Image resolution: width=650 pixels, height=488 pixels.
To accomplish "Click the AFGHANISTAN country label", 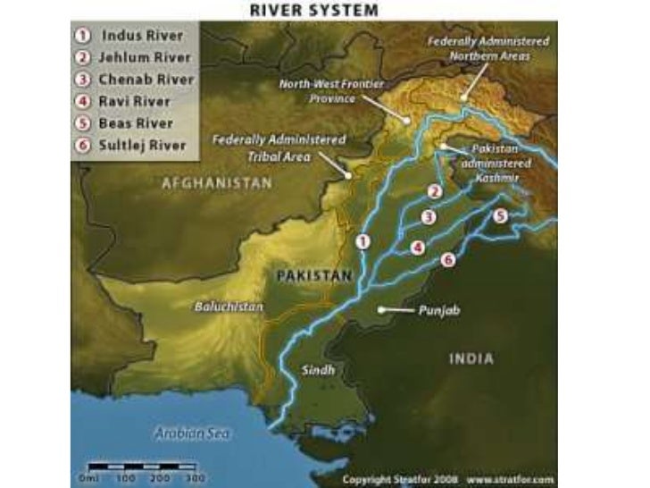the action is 216,182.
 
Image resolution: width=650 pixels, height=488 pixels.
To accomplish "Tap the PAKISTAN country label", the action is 313,276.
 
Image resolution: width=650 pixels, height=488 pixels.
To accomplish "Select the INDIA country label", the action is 471,358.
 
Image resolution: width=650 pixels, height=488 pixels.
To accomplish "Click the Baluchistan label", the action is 229,307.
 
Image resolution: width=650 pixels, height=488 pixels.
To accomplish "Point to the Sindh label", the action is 319,369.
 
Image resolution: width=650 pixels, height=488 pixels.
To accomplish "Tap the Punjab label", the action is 437,310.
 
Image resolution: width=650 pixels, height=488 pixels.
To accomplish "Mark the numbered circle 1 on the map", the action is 362,241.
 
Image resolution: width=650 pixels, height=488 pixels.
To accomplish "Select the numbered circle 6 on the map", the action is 448,259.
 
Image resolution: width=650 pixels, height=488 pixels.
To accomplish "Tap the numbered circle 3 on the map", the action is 429,216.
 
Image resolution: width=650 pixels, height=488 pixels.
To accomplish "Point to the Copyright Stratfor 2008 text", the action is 399,479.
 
